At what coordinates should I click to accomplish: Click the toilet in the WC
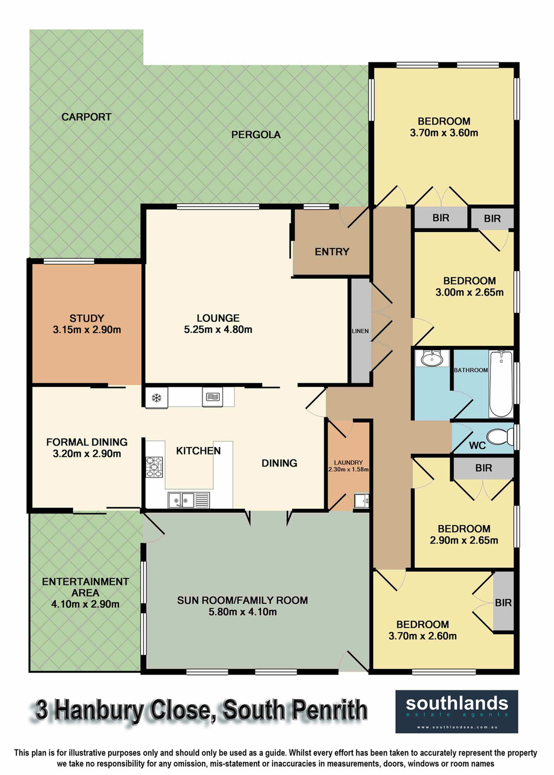pyautogui.click(x=500, y=437)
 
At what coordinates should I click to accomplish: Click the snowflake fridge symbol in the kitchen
pyautogui.click(x=157, y=397)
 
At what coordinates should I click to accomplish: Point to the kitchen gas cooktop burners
pyautogui.click(x=154, y=467)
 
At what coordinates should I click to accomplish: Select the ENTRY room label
pyautogui.click(x=332, y=252)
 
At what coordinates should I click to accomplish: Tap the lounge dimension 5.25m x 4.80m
pyautogui.click(x=218, y=330)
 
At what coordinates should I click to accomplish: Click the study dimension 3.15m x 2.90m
pyautogui.click(x=87, y=330)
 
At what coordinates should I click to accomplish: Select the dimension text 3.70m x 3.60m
pyautogui.click(x=444, y=133)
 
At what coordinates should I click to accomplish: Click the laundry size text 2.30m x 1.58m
pyautogui.click(x=348, y=469)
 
